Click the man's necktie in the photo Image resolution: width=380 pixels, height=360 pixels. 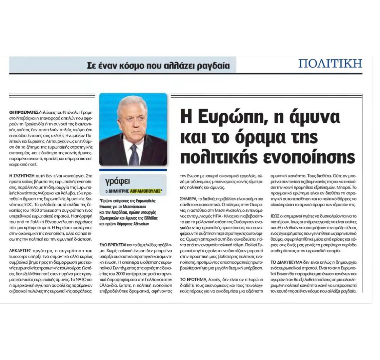point(134,155)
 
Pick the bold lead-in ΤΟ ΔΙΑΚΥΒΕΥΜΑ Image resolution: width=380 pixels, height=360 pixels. point(287,263)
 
